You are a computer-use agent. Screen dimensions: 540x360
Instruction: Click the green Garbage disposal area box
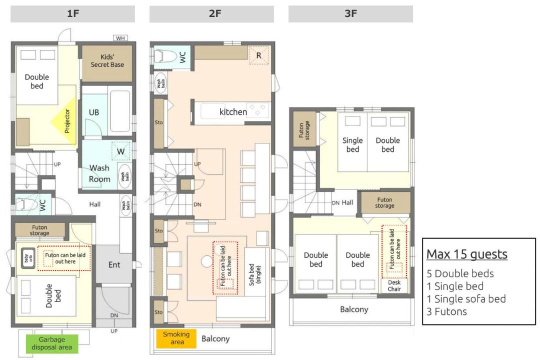pyautogui.click(x=52, y=343)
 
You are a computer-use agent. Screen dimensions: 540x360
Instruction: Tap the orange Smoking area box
pyautogui.click(x=176, y=338)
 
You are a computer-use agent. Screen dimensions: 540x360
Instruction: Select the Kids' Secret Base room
pyautogui.click(x=107, y=63)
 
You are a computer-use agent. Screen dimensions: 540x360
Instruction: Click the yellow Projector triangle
pyautogui.click(x=64, y=121)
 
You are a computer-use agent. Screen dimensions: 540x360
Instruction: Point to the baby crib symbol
pyautogui.click(x=27, y=258)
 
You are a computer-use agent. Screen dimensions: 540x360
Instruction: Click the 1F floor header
pyautogui.click(x=72, y=14)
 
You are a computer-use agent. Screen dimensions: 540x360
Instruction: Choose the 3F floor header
pyautogui.click(x=350, y=14)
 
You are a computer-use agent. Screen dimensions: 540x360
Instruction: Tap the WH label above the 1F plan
pyautogui.click(x=120, y=38)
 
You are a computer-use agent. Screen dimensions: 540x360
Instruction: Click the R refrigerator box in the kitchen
pyautogui.click(x=258, y=55)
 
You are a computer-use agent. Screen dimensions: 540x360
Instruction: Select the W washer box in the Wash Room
pyautogui.click(x=121, y=151)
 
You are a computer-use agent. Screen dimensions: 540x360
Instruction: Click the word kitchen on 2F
pyautogui.click(x=233, y=112)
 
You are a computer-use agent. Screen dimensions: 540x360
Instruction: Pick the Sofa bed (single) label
pyautogui.click(x=255, y=274)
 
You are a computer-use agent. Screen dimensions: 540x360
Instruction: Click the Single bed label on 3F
pyautogui.click(x=352, y=144)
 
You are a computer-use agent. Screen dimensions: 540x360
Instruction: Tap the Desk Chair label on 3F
pyautogui.click(x=394, y=285)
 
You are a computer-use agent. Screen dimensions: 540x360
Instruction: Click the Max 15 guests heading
pyautogui.click(x=466, y=254)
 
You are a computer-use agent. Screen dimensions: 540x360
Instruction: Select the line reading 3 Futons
pyautogui.click(x=446, y=312)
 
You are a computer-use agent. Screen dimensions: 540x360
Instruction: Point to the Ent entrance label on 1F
pyautogui.click(x=114, y=264)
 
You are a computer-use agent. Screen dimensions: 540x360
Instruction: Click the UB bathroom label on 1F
pyautogui.click(x=93, y=112)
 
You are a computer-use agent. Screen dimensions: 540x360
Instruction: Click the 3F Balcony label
pyautogui.click(x=354, y=309)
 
